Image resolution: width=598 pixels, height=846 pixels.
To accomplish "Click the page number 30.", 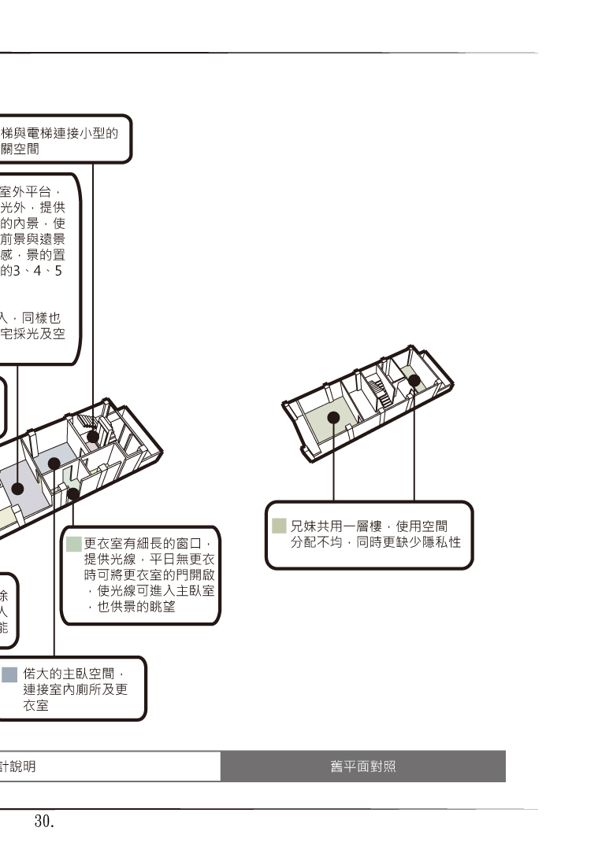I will (x=43, y=822).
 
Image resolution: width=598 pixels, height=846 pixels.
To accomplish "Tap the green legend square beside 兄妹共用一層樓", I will (x=279, y=526).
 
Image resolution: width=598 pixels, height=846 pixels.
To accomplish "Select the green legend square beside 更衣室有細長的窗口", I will (x=74, y=544).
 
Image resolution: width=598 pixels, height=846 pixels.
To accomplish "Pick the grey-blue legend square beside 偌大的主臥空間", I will (x=9, y=674).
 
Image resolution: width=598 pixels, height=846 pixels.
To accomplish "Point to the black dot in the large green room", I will (x=333, y=417).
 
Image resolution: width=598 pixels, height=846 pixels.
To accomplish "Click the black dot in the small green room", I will (x=414, y=380).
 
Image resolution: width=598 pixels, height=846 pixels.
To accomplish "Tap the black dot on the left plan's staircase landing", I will (x=93, y=435).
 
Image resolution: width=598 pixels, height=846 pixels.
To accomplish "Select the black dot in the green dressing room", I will (x=72, y=493).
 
